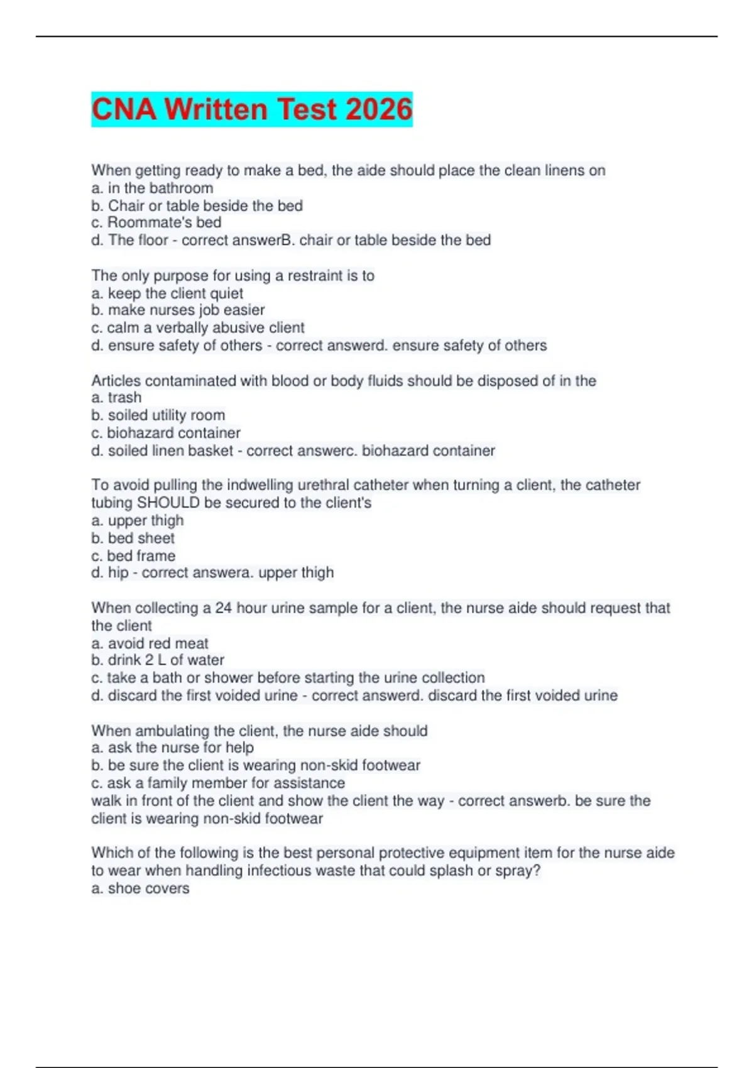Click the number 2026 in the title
coord(378,109)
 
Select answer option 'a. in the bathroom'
coord(152,188)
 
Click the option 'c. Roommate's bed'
coord(156,222)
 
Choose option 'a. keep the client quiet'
coord(167,293)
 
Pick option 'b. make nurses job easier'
coord(178,310)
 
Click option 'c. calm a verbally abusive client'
coord(198,328)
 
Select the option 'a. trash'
coord(116,398)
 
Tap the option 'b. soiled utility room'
coord(158,415)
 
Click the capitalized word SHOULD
coord(168,503)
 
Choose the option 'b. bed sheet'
coord(133,538)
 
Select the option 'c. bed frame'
coord(133,556)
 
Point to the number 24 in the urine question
coord(224,608)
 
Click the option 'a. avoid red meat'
coord(150,643)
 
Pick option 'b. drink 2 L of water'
coord(158,660)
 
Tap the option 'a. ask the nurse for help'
coord(173,748)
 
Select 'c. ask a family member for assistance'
coord(218,783)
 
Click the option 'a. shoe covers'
coord(140,888)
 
